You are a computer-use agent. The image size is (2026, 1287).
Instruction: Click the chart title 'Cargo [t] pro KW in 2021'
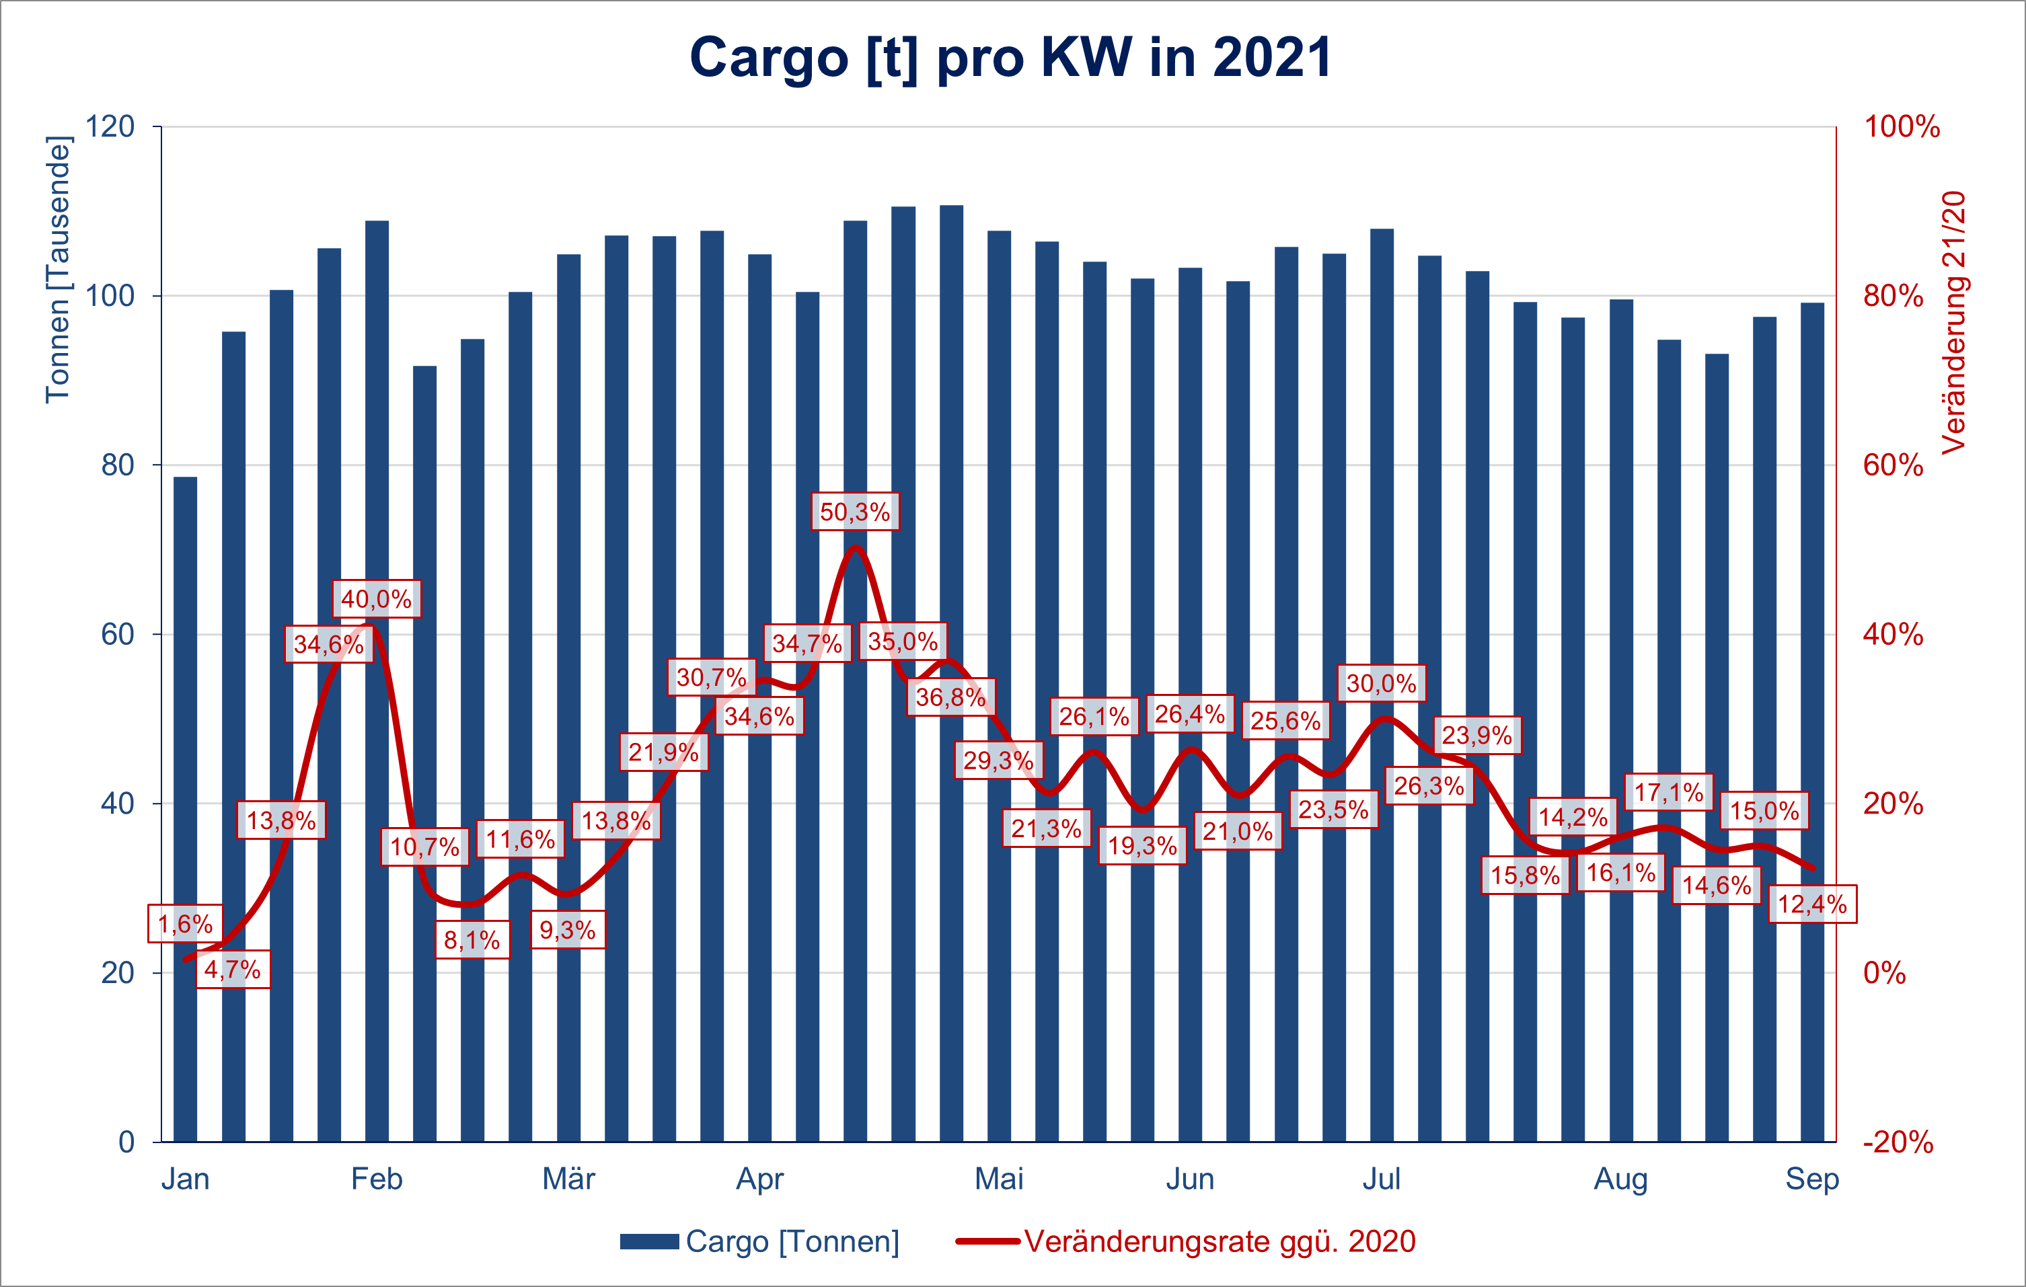[x=1010, y=57]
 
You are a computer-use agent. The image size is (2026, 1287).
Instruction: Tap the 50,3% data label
[x=855, y=512]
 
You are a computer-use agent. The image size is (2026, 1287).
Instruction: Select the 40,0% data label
[x=376, y=599]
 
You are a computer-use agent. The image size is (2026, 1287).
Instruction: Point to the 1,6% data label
[x=185, y=924]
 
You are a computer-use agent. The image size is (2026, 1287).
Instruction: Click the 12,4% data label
[x=1811, y=904]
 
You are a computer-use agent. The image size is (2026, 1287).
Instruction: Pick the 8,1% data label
[x=472, y=939]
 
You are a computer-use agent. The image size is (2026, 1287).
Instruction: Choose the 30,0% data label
[x=1381, y=683]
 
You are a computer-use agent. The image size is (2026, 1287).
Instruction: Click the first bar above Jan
[x=185, y=808]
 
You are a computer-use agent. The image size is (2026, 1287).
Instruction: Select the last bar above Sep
[x=1811, y=724]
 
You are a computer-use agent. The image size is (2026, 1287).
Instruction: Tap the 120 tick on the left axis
[x=110, y=127]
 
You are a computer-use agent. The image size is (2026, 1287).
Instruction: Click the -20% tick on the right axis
[x=1898, y=1142]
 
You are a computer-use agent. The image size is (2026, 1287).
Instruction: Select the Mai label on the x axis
[x=999, y=1179]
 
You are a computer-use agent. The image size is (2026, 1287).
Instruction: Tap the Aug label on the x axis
[x=1620, y=1179]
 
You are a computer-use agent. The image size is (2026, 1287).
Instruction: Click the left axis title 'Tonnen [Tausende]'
[x=58, y=269]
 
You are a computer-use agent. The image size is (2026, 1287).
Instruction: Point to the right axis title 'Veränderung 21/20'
[x=1953, y=323]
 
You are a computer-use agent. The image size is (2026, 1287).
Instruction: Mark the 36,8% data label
[x=950, y=697]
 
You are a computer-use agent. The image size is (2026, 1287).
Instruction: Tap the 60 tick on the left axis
[x=118, y=634]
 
